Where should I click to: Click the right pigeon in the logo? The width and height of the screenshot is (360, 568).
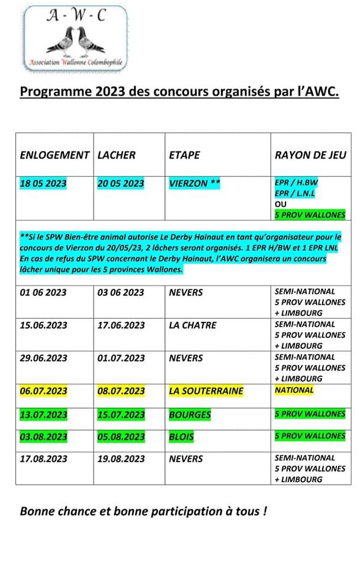pyautogui.click(x=89, y=41)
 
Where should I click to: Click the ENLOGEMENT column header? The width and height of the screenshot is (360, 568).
pyautogui.click(x=54, y=155)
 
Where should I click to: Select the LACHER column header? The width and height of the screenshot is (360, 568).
pyautogui.click(x=116, y=155)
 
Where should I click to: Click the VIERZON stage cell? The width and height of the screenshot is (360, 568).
pyautogui.click(x=194, y=183)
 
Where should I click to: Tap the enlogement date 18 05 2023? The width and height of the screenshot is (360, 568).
pyautogui.click(x=44, y=183)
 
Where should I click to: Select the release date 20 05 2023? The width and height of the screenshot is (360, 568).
pyautogui.click(x=121, y=183)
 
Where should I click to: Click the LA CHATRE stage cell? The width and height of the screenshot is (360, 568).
pyautogui.click(x=192, y=325)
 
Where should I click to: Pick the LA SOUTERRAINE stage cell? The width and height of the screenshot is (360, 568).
pyautogui.click(x=206, y=390)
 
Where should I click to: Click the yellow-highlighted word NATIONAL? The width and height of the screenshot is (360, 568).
pyautogui.click(x=294, y=390)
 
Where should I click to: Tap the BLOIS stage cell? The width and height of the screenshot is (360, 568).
pyautogui.click(x=182, y=437)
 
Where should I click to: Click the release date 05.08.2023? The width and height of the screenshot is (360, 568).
pyautogui.click(x=121, y=437)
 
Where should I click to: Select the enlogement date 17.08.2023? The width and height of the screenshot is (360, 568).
pyautogui.click(x=44, y=458)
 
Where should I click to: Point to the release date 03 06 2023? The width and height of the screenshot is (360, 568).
pyautogui.click(x=121, y=292)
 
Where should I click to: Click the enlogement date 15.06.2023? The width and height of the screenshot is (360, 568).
pyautogui.click(x=44, y=325)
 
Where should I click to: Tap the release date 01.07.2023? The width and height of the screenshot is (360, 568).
pyautogui.click(x=121, y=358)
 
